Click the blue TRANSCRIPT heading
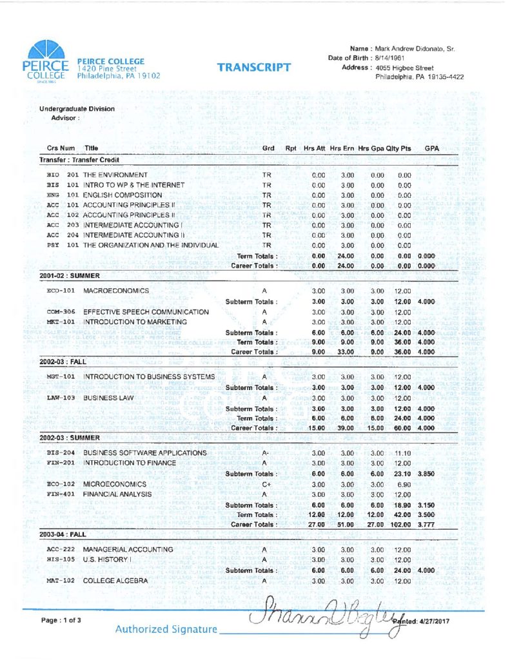[253, 67]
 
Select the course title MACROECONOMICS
[116, 291]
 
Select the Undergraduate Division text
[77, 109]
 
